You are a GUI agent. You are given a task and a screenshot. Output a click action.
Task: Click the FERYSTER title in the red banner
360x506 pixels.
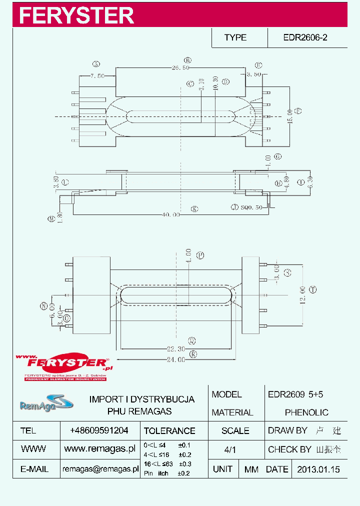coord(76,15)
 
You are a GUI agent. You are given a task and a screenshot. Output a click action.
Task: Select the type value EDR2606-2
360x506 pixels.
coord(305,37)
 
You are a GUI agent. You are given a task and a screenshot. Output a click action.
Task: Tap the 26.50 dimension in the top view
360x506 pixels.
coord(180,67)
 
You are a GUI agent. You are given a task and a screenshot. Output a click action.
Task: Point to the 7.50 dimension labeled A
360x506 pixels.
coord(97,76)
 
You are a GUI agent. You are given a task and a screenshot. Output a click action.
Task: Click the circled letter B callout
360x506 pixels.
coord(188,59)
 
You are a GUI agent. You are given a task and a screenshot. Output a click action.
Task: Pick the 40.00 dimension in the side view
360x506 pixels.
coord(170,214)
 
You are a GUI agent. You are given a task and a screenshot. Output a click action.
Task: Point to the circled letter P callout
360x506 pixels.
coord(200,255)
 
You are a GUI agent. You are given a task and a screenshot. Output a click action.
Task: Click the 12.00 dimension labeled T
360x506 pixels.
coord(303,290)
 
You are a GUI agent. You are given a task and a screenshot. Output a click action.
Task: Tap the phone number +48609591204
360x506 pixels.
coord(99,430)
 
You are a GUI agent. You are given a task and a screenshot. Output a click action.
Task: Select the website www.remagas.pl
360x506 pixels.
coord(100,449)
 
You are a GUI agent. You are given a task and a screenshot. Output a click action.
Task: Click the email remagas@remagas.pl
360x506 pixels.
coord(100,469)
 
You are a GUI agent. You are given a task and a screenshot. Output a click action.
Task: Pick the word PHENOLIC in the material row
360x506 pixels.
coord(306,412)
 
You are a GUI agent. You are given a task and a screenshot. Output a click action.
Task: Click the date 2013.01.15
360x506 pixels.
coord(318,469)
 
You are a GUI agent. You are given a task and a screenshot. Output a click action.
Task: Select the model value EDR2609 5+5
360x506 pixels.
coord(295,394)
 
